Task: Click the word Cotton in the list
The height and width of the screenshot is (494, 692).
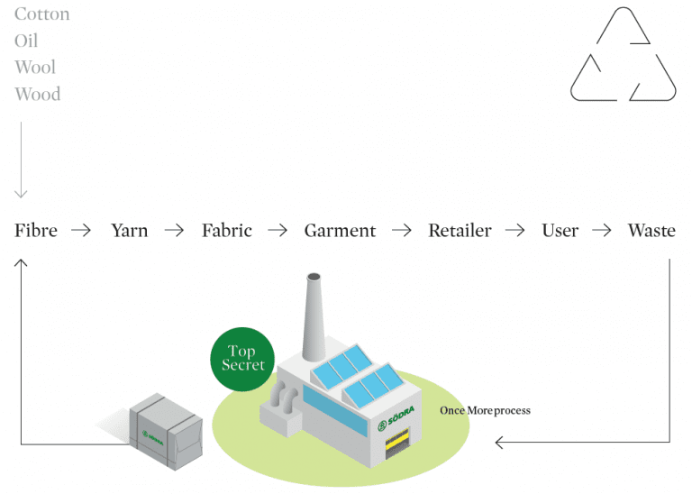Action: tap(41, 14)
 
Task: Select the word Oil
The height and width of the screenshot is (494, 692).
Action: tap(26, 41)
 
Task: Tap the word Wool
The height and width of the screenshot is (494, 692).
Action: tap(35, 68)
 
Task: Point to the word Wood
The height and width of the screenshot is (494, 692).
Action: tap(37, 94)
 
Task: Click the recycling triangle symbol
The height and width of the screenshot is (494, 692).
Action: tap(623, 56)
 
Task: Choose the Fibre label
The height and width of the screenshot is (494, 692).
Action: tap(36, 231)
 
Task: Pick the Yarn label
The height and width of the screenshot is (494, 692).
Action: tap(129, 231)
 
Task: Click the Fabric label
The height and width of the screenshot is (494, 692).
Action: tap(227, 231)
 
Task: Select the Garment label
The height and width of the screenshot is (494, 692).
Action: tap(340, 231)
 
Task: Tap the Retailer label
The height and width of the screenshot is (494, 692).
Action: tap(460, 231)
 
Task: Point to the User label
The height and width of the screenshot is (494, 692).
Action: tap(560, 231)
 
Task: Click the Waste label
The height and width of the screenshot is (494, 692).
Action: tap(651, 231)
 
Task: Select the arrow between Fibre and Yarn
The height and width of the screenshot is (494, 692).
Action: tap(81, 231)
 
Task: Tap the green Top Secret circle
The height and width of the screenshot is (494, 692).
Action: tap(243, 359)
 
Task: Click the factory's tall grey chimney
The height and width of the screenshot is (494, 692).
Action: tap(314, 316)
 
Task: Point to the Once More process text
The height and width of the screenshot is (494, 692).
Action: tap(485, 411)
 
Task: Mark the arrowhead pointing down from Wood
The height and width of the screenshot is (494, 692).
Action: tap(22, 193)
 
